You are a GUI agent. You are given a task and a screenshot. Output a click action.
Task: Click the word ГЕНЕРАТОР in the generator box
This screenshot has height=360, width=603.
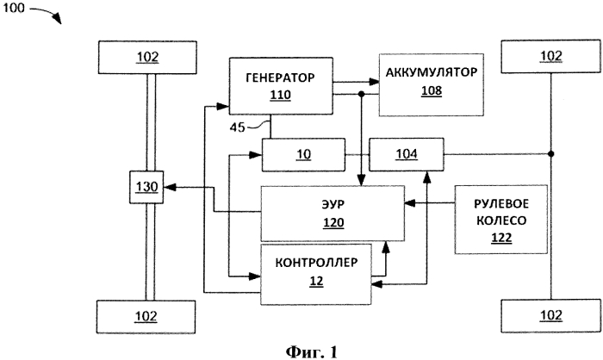[x=280, y=78]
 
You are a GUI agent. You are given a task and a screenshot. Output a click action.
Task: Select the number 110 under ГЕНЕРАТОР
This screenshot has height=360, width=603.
[x=280, y=95]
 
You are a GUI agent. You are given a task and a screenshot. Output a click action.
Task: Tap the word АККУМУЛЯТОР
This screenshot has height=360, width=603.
[x=432, y=72]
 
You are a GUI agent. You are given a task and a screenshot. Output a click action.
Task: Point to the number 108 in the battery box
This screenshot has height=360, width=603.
[x=432, y=90]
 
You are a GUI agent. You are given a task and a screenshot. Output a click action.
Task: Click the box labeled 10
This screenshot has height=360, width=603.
[x=303, y=155]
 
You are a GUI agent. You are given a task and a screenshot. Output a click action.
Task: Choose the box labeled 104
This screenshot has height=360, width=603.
[x=407, y=154]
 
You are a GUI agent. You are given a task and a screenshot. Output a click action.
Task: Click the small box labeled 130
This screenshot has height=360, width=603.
[x=146, y=187]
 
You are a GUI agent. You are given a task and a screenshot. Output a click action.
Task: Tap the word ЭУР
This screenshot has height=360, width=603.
[x=333, y=204]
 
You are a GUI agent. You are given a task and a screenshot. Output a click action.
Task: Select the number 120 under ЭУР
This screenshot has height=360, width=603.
[x=333, y=223]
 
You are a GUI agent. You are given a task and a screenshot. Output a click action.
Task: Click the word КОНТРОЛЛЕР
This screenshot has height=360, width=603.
[x=316, y=263]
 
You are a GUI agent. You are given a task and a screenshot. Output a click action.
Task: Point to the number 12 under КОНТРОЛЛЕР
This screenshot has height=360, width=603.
[x=316, y=281]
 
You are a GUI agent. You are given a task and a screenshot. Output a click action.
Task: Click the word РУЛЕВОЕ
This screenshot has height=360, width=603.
[x=501, y=203]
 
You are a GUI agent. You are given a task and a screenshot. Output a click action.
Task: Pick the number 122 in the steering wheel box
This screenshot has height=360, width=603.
[x=501, y=238]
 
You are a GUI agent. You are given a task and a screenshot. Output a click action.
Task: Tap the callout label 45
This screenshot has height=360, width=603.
[x=237, y=127]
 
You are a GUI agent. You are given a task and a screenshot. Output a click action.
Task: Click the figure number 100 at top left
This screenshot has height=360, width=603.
[x=14, y=7]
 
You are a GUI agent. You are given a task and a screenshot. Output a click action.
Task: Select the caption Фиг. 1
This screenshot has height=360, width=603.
[x=312, y=351]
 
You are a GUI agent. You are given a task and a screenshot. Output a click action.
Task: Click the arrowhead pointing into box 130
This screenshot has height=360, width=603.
[x=170, y=187]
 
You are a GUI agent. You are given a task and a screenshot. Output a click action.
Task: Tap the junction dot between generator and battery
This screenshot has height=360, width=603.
[x=361, y=94]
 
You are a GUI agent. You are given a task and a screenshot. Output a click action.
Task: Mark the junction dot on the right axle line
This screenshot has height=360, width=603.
[x=550, y=154]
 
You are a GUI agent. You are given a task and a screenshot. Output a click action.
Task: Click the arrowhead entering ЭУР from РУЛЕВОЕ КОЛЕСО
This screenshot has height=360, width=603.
[x=410, y=202]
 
